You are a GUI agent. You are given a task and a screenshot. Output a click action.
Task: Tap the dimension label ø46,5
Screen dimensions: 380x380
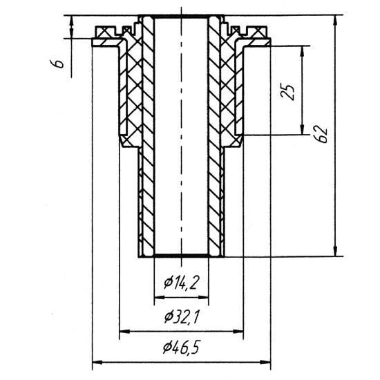click(x=181, y=347)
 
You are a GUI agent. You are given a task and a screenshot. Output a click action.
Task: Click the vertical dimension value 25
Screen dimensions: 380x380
click(x=287, y=92)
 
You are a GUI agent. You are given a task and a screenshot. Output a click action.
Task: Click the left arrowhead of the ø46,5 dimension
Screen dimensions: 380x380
click(x=97, y=363)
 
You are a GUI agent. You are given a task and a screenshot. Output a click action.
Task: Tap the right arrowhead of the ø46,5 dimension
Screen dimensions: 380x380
click(x=265, y=363)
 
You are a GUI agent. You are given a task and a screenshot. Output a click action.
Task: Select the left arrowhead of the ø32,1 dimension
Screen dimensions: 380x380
click(x=125, y=331)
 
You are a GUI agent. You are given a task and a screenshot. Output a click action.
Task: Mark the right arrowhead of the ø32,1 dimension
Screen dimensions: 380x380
click(x=238, y=331)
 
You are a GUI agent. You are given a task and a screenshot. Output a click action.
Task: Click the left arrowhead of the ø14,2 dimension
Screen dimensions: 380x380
click(x=159, y=297)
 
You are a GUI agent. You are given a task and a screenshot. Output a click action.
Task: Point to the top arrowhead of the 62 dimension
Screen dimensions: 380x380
click(x=335, y=20)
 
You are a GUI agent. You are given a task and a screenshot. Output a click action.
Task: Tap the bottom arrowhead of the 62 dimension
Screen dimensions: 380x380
click(x=335, y=251)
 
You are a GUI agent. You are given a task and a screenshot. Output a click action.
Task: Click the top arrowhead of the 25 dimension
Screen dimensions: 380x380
click(x=302, y=51)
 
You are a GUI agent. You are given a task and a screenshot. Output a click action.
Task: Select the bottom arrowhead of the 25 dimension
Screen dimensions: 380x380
click(x=302, y=129)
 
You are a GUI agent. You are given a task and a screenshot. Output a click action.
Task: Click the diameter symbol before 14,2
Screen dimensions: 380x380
click(x=168, y=283)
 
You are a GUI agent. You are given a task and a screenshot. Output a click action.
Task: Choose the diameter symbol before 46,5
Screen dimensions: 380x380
click(x=167, y=348)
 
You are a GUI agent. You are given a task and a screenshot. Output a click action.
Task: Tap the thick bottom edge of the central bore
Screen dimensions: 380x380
click(x=181, y=256)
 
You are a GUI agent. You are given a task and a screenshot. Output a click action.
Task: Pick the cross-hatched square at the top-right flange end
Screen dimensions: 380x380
click(x=259, y=32)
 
